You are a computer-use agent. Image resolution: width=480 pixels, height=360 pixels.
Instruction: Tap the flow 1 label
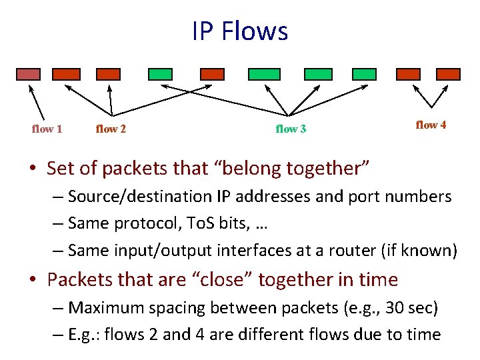47,129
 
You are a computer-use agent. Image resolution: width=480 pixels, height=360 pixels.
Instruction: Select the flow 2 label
111,129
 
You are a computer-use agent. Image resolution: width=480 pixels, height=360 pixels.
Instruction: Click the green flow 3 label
291,129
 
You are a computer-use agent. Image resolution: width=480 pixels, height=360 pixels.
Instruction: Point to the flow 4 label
431,125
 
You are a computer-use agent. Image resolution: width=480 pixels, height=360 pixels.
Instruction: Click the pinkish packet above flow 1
28,74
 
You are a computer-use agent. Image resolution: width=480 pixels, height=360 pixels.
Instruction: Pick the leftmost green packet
160,74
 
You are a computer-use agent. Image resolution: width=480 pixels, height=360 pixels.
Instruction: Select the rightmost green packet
363,74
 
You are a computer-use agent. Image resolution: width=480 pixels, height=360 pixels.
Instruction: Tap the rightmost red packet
451,74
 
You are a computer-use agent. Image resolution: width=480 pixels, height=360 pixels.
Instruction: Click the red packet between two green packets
213,74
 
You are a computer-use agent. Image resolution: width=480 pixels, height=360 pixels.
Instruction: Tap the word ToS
198,224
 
